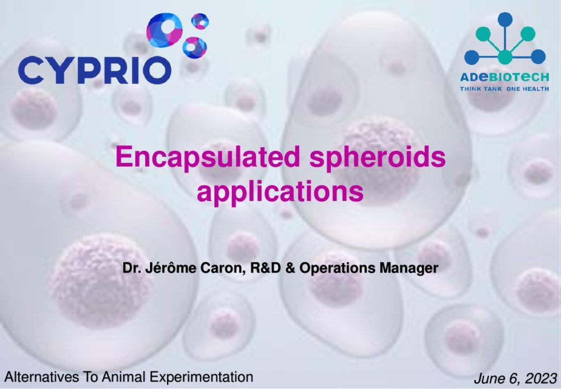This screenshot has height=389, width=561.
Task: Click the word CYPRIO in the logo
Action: point(94,70)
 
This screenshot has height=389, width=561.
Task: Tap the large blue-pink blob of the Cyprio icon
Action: point(164,30)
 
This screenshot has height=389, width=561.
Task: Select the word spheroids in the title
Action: point(377,159)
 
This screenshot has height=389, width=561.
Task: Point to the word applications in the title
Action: point(280,193)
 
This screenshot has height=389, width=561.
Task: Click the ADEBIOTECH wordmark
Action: point(505,77)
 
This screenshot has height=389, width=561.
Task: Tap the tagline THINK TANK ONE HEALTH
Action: point(505,89)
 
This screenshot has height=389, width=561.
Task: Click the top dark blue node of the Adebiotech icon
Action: point(505,19)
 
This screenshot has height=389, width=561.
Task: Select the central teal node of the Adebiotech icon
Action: point(505,57)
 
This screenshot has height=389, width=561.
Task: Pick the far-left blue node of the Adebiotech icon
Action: point(472,57)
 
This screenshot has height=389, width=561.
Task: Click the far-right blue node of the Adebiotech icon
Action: point(538,57)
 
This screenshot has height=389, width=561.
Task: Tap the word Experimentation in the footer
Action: point(201,377)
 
